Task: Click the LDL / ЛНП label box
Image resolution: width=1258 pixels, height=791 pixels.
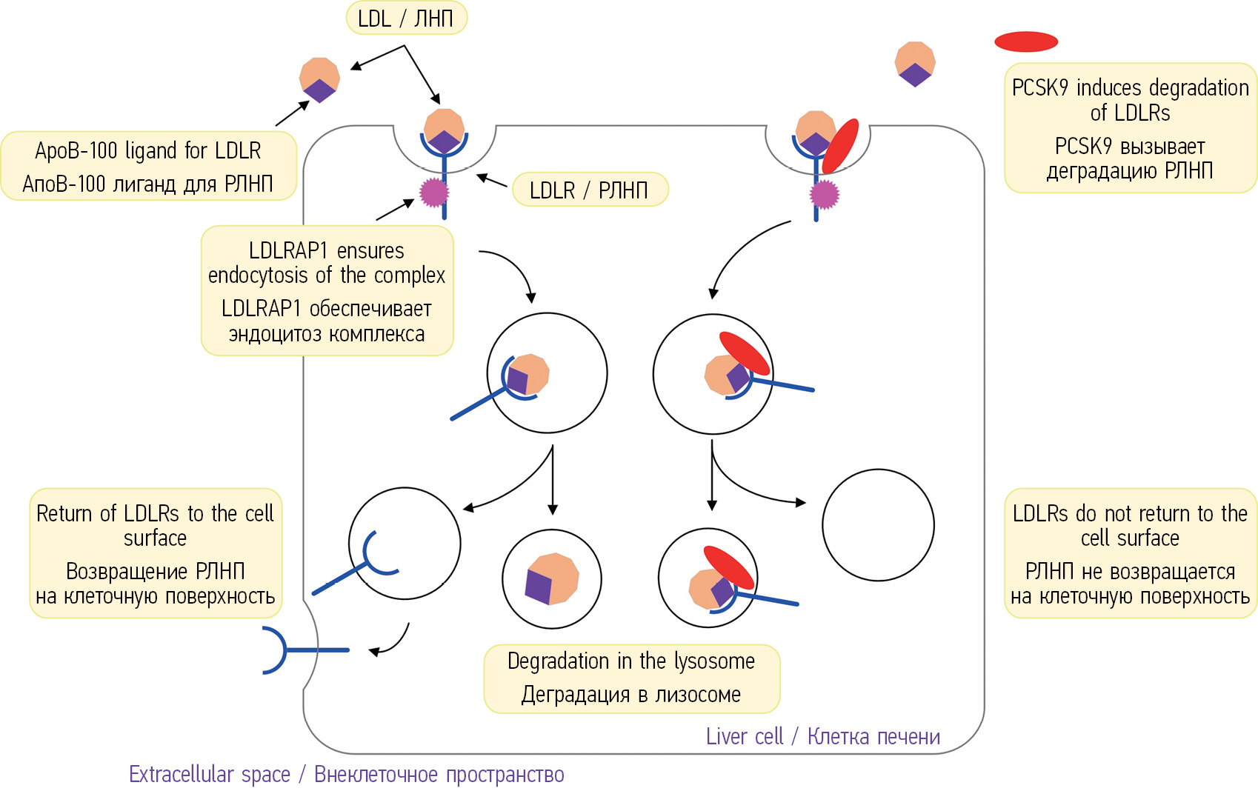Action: (406, 19)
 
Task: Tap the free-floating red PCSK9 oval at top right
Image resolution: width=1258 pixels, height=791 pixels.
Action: (1025, 41)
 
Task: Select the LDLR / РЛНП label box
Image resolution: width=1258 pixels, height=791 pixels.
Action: (589, 190)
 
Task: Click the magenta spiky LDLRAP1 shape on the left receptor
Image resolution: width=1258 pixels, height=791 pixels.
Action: (434, 193)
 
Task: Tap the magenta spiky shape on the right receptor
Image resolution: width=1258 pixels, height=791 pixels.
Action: (824, 195)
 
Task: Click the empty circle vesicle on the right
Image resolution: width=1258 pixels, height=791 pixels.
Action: (878, 525)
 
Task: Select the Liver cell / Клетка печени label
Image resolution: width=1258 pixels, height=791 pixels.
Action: (822, 736)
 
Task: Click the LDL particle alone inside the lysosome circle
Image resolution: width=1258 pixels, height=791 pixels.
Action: (551, 578)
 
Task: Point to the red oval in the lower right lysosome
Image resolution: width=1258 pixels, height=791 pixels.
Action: (728, 567)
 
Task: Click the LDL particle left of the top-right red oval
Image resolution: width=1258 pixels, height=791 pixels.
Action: (915, 64)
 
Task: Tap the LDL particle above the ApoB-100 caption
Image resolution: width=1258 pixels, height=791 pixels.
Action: (319, 79)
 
